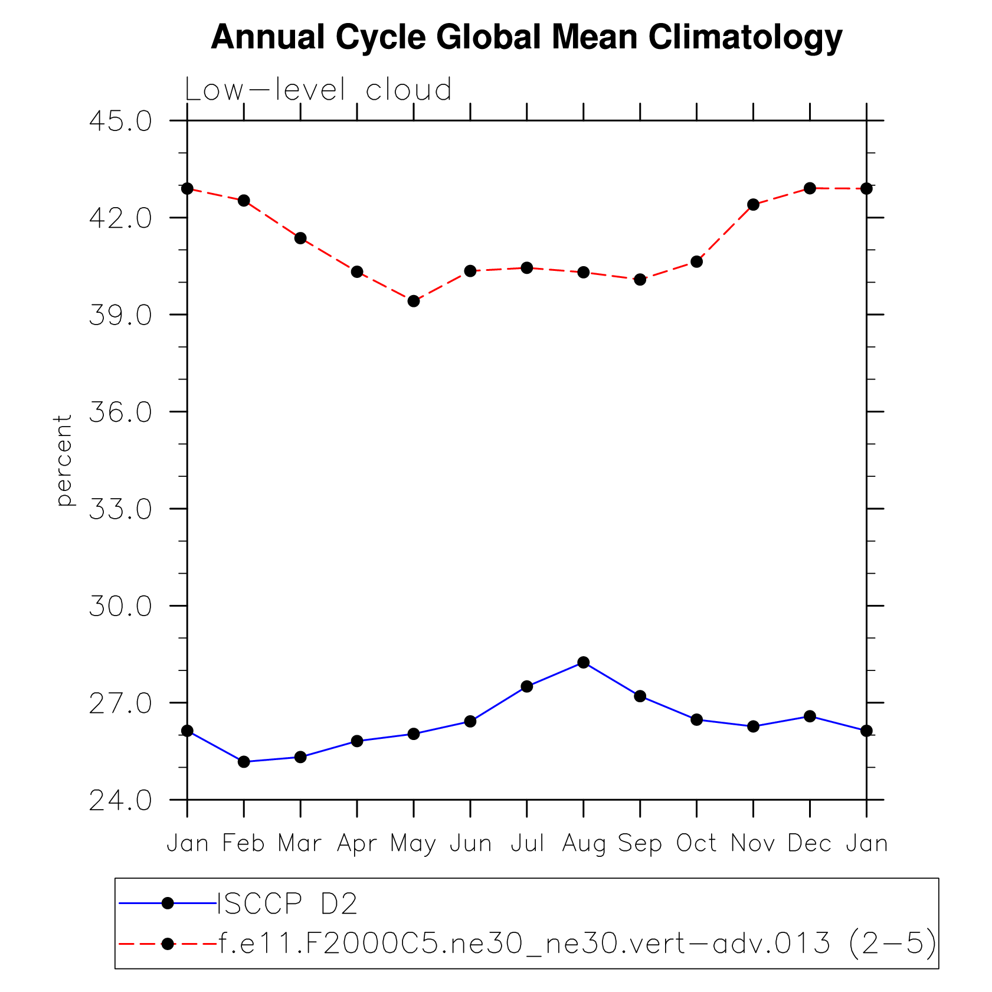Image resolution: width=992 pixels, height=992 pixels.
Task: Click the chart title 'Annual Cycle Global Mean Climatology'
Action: pos(526,37)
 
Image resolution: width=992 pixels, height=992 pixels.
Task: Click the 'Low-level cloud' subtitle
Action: pos(318,90)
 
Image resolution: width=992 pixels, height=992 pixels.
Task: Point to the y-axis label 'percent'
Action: pos(64,460)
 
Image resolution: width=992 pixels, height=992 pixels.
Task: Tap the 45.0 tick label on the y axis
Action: pos(120,121)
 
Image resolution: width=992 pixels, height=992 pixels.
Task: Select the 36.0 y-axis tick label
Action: pos(120,412)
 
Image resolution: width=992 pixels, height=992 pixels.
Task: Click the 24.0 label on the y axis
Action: pos(120,800)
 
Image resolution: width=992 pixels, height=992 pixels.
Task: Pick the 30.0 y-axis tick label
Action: pos(120,606)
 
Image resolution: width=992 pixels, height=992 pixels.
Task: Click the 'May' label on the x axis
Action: pos(413,844)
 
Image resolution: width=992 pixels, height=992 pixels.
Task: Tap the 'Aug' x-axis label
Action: pos(583,844)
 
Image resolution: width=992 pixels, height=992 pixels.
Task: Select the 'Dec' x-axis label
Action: pos(809,843)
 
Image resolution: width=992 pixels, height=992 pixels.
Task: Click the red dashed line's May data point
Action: pos(414,301)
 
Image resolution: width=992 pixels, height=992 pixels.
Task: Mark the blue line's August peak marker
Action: pos(584,662)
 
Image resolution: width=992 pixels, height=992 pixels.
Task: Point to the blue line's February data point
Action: pos(244,762)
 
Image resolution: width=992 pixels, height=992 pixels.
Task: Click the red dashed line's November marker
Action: pos(753,205)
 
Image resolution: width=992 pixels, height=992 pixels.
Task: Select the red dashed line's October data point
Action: pos(696,261)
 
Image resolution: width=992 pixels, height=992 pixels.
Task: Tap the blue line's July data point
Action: pos(527,686)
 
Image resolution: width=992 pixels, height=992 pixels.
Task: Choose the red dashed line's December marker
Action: pos(810,188)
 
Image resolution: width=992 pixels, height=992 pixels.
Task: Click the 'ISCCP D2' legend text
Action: pos(287,903)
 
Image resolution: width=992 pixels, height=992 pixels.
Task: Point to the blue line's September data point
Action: pos(640,696)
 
